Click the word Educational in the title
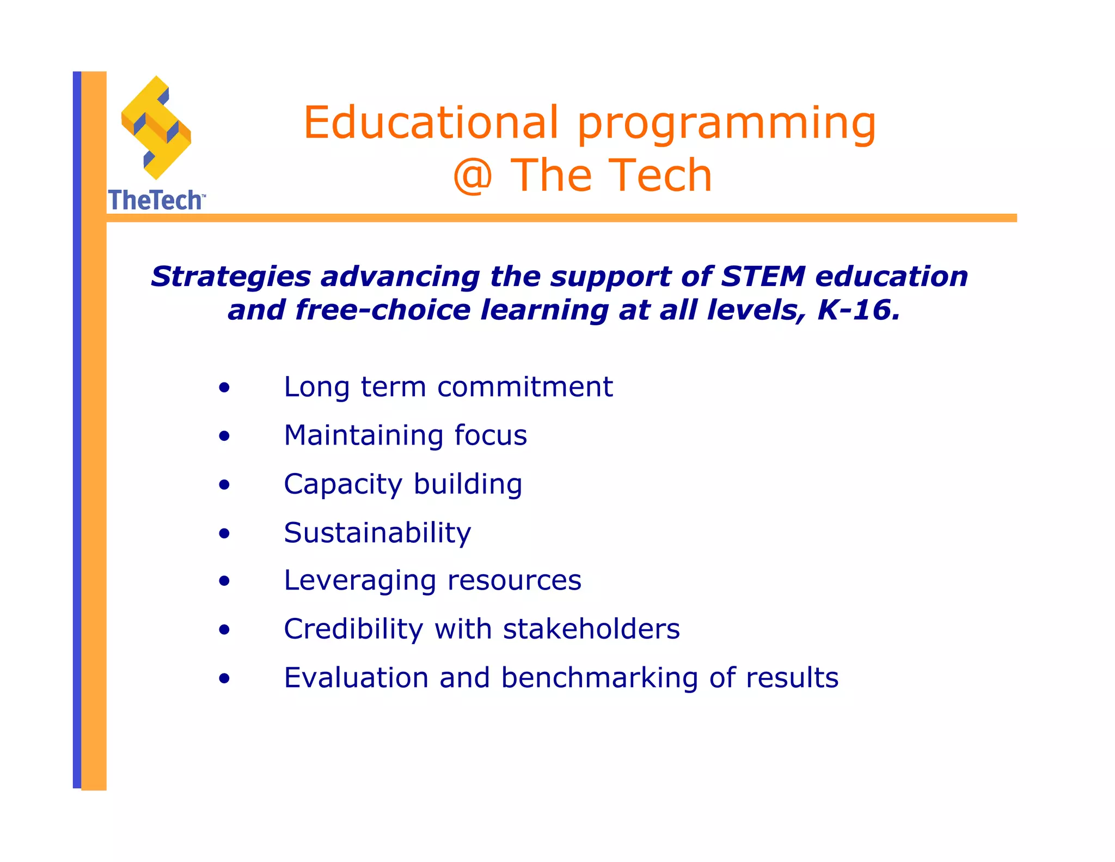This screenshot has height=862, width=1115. tap(431, 123)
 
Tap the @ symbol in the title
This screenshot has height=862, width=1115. tap(473, 175)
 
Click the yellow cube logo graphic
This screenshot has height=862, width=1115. tap(156, 128)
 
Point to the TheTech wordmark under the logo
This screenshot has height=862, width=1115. tap(156, 201)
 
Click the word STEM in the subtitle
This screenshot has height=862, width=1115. tap(763, 276)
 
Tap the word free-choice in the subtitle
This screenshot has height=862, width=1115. tap(383, 310)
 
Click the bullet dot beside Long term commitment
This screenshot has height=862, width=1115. tap(224, 388)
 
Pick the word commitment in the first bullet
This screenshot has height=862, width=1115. tap(525, 387)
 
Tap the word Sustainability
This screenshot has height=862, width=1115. tap(377, 533)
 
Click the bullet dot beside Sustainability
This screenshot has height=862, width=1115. tap(224, 534)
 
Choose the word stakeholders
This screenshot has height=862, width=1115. tap(591, 629)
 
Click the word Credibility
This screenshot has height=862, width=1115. tap(353, 629)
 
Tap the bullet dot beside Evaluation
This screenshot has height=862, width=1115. tap(224, 679)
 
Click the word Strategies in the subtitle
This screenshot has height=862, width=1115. tap(231, 276)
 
